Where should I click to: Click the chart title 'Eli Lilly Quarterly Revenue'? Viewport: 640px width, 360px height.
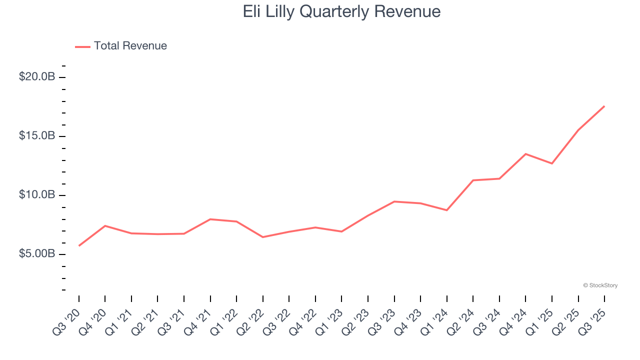coord(341,11)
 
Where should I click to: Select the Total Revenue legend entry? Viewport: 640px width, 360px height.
coord(121,46)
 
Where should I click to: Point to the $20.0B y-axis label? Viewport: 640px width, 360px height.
coord(36,77)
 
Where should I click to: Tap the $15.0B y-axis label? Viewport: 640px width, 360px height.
coord(36,136)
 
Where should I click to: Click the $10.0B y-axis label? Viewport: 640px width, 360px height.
coord(36,195)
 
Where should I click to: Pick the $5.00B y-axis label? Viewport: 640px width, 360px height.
coord(36,254)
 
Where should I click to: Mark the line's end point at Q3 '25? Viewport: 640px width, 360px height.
coord(604,106)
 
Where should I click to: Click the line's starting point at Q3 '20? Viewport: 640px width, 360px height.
coord(79,245)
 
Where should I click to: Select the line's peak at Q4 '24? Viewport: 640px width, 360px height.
coord(525,154)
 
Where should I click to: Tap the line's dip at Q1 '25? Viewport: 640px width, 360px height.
coord(552,163)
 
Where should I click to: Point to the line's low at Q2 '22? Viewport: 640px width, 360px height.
coord(263,237)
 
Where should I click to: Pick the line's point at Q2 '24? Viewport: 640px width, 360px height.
coord(473,180)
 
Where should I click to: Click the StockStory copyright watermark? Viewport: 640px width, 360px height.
coord(600,285)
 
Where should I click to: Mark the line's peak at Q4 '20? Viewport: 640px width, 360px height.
coord(105,226)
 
